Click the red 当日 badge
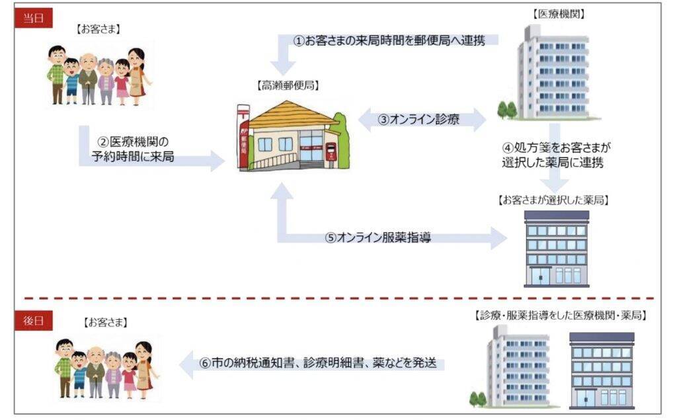(x=33, y=18)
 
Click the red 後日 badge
(x=33, y=321)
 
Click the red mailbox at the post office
(x=330, y=153)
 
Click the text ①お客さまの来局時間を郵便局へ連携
(x=390, y=41)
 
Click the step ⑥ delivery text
(x=317, y=363)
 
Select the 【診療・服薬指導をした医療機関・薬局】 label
(x=561, y=315)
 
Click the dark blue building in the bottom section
(x=601, y=370)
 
